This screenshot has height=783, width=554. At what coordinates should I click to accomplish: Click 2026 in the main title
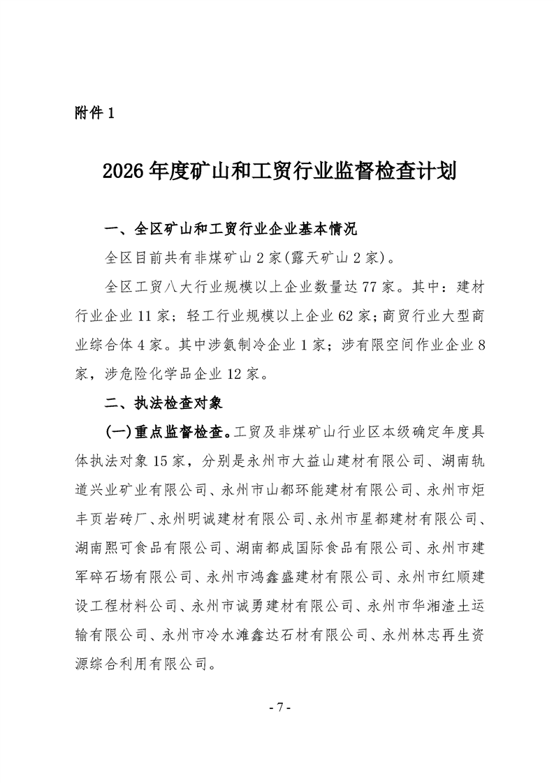tap(124, 171)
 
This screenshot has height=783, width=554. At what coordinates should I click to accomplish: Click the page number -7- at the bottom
tap(278, 707)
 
